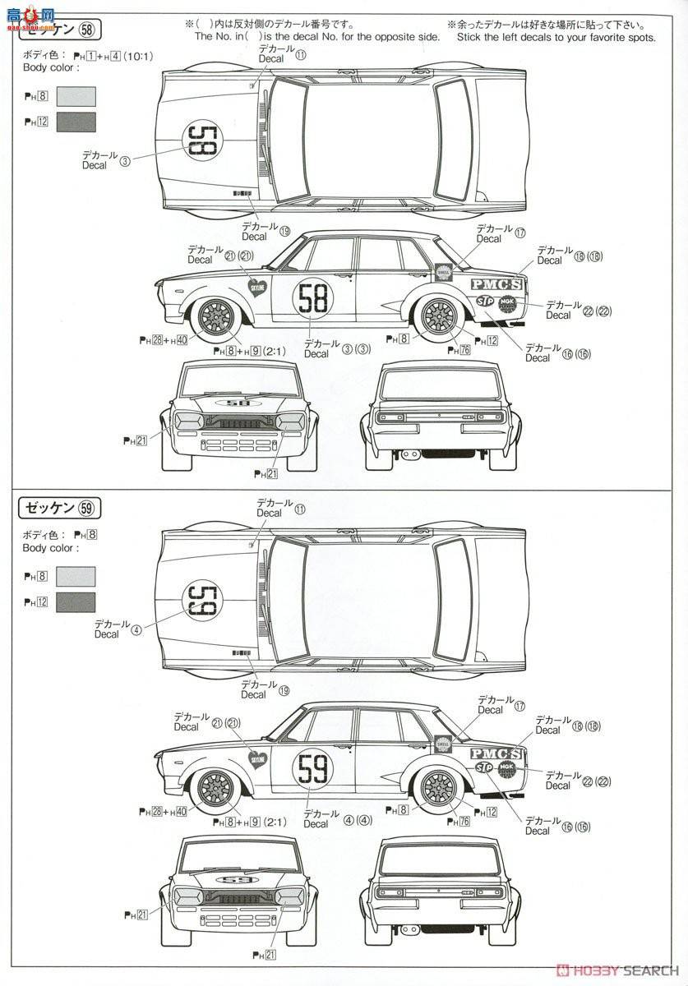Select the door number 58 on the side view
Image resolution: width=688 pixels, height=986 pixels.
click(x=313, y=297)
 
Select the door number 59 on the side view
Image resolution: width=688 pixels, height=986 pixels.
click(x=313, y=768)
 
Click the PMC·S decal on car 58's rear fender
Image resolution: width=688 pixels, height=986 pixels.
click(x=496, y=284)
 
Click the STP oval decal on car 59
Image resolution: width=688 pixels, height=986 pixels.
click(x=484, y=767)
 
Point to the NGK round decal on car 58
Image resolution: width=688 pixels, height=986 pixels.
click(x=507, y=302)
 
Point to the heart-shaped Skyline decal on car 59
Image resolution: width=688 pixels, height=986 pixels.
click(x=257, y=757)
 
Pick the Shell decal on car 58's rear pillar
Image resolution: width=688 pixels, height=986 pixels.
click(x=444, y=272)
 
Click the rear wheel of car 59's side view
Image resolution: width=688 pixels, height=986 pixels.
click(x=438, y=789)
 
